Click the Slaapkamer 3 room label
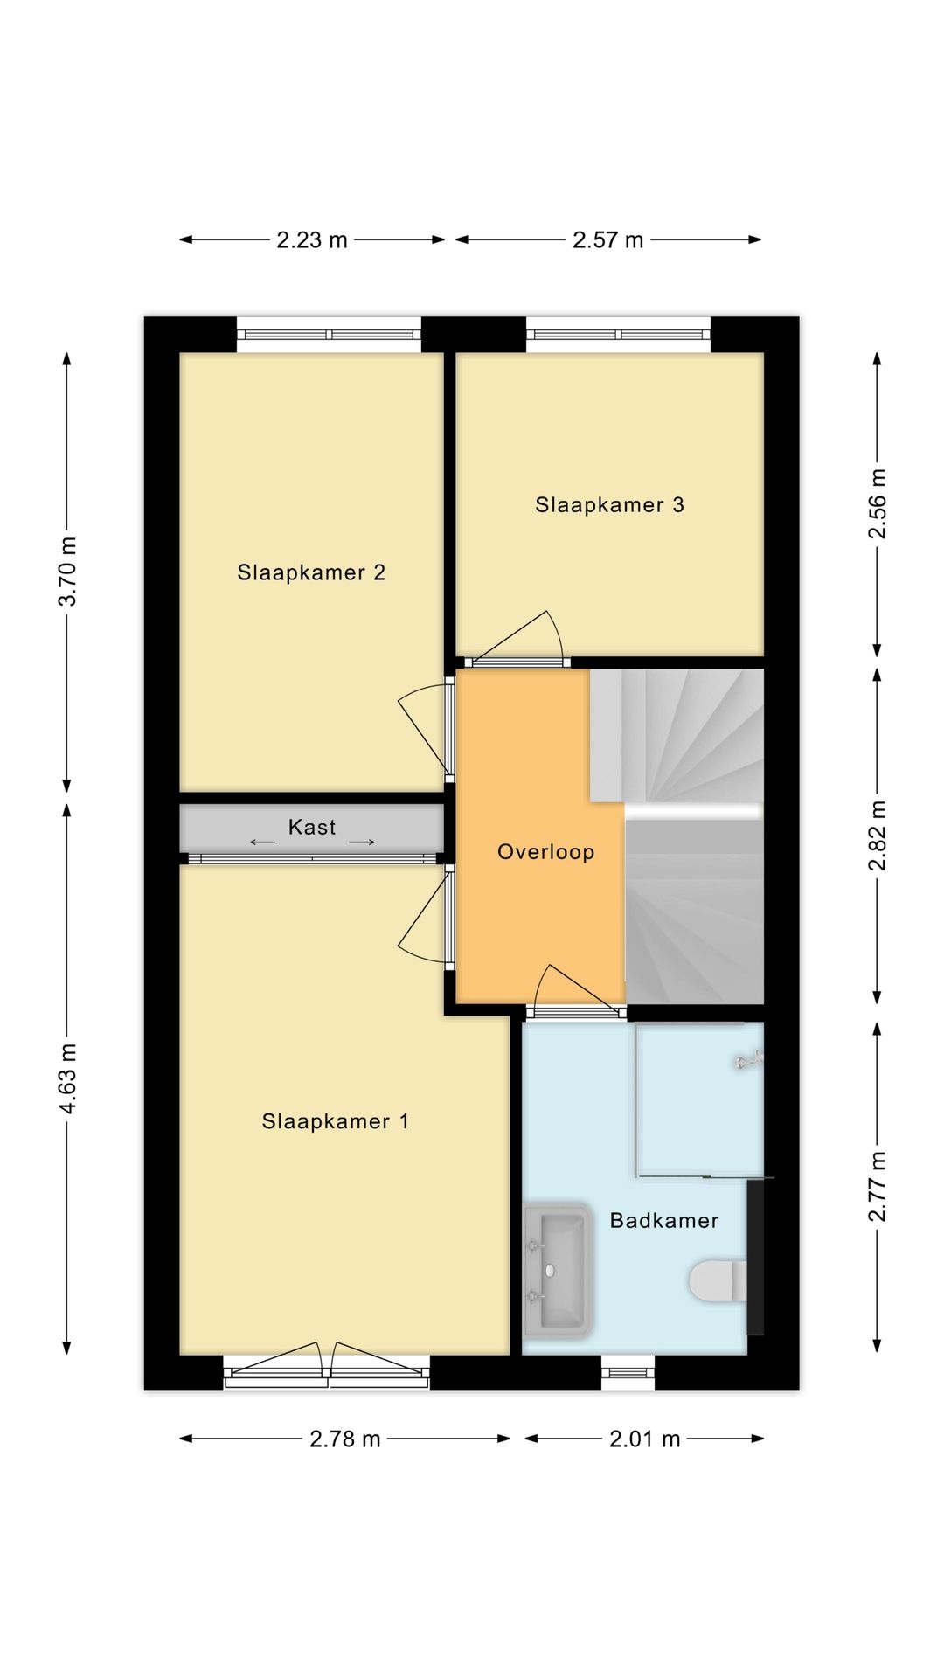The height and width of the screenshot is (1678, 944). coord(609,504)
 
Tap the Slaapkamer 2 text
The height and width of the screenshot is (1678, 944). coord(311,572)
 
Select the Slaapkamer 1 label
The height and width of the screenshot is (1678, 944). coord(335,1121)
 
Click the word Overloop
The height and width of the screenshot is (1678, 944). coord(545,851)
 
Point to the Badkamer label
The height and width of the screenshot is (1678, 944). coord(663,1220)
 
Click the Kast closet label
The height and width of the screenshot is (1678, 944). coord(312,827)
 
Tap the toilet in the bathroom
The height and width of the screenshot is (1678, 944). coord(718,1281)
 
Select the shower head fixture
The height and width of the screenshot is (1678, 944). coord(748,1061)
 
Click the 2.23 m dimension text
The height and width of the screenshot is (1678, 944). coord(312,239)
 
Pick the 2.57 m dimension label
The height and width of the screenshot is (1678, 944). coord(607,239)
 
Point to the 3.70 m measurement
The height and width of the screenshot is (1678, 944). coord(67,572)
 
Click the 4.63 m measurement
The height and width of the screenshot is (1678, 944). coord(67,1078)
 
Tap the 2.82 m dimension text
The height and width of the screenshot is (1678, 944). coord(877,836)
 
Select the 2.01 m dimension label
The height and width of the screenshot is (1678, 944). coord(644,1439)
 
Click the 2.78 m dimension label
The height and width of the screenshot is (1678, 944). coord(344,1439)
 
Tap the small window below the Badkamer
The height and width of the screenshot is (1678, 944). coord(628,1372)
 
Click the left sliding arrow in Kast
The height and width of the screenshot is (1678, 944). coord(262,842)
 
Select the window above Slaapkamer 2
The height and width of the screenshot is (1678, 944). coord(329,335)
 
